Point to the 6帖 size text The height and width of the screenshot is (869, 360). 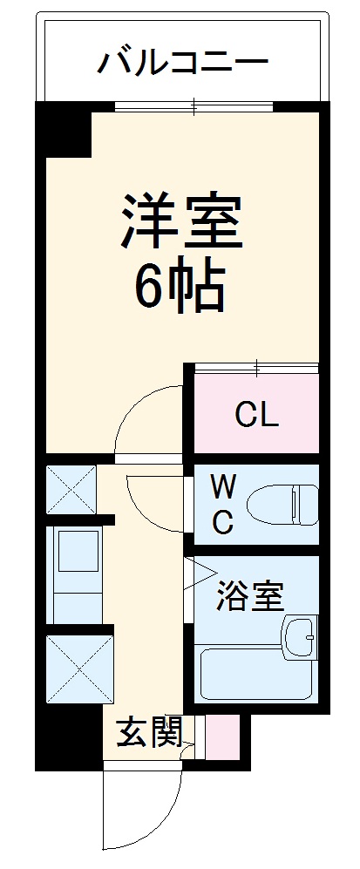pyautogui.click(x=180, y=287)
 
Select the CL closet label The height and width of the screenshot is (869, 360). pyautogui.click(x=257, y=416)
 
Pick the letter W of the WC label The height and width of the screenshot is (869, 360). pyautogui.click(x=222, y=485)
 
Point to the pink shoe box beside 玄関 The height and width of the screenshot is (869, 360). pyautogui.click(x=221, y=734)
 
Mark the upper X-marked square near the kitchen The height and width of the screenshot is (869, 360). pyautogui.click(x=70, y=492)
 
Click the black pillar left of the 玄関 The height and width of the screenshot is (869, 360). pyautogui.click(x=65, y=737)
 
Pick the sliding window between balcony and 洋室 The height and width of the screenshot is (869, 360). pyautogui.click(x=194, y=108)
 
